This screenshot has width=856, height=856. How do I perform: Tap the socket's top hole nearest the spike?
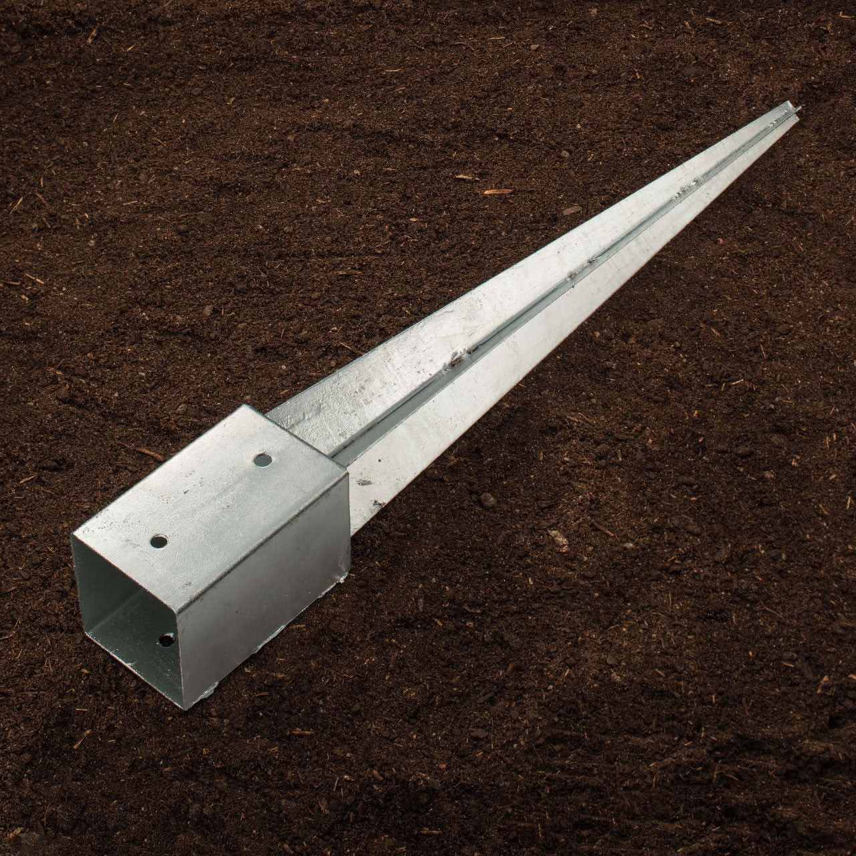coord(263,459)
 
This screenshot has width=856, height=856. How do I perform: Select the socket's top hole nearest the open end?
coord(158,541)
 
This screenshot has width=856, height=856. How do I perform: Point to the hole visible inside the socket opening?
coord(165,641)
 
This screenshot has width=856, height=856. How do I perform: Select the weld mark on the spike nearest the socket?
coord(461,358)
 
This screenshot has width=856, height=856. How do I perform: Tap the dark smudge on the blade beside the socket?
coord(365,481)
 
